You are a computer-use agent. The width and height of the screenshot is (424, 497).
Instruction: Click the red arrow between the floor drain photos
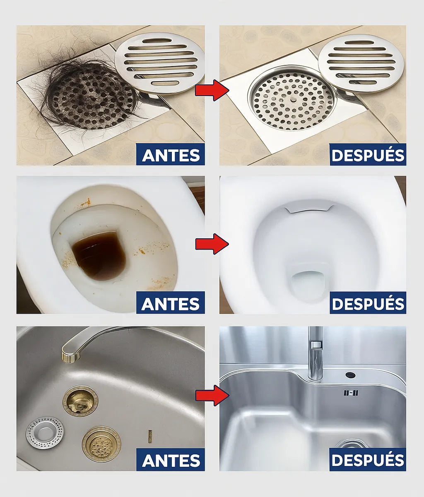click(x=212, y=90)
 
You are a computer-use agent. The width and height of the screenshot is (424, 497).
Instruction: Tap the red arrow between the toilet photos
click(x=212, y=244)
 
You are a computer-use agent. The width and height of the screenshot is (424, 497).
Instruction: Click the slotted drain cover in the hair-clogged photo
click(x=159, y=63)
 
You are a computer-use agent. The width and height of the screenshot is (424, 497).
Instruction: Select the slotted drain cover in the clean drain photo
click(x=361, y=63)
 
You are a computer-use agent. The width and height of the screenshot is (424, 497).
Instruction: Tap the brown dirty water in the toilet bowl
click(x=99, y=255)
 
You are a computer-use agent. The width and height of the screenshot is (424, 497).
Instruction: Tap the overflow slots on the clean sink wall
click(x=351, y=394)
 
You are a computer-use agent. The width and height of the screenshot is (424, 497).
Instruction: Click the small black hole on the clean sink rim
click(x=350, y=375)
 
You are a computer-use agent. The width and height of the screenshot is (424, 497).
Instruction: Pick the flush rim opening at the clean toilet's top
click(x=309, y=208)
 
